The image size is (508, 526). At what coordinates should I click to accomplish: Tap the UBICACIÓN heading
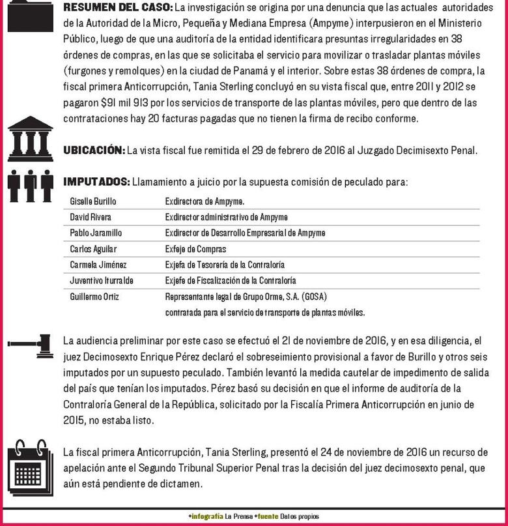[x=93, y=151]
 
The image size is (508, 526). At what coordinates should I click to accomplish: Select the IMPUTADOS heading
[x=96, y=182]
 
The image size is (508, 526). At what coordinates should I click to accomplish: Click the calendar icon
[x=31, y=464]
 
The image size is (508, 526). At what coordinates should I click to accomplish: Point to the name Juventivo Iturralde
[x=100, y=281]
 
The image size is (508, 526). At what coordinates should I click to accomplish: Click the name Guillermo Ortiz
[x=92, y=297]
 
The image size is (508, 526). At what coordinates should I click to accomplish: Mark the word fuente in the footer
[x=266, y=516]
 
